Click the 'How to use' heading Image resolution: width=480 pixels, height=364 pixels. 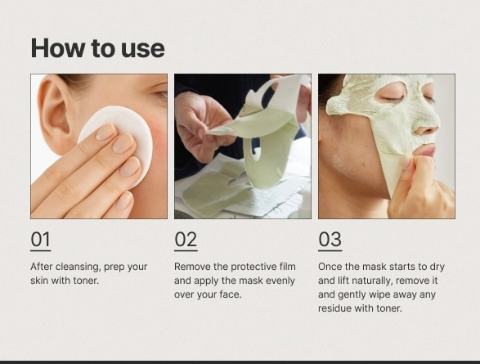pos(97,48)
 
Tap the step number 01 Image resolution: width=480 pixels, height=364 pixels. pos(40,240)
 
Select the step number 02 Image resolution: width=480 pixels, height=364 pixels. pos(186,240)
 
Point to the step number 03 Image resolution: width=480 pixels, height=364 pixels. pos(330,240)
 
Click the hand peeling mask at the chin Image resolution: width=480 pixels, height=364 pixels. pos(421,184)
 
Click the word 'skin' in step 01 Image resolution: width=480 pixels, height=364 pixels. pos(41,281)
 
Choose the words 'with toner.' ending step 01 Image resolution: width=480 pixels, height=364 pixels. pos(81,281)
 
